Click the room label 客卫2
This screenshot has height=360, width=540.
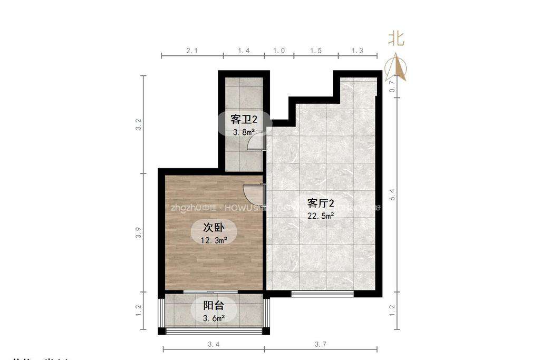click(x=244, y=119)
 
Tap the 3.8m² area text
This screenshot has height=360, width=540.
click(x=244, y=132)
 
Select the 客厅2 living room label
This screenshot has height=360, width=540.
click(x=321, y=203)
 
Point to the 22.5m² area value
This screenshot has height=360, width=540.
click(x=321, y=216)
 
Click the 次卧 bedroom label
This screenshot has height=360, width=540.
click(x=214, y=228)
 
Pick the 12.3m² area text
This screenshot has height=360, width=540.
click(x=214, y=240)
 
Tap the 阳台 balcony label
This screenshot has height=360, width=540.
click(x=214, y=305)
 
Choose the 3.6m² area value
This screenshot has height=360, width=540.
click(x=214, y=318)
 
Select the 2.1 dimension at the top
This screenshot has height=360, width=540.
click(x=192, y=51)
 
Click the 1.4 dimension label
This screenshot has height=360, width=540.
click(x=243, y=51)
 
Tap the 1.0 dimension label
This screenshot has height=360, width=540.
click(x=278, y=51)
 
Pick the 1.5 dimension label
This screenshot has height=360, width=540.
click(x=316, y=51)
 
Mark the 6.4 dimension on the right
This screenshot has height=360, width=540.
click(x=392, y=195)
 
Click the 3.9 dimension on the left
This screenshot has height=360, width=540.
click(x=138, y=232)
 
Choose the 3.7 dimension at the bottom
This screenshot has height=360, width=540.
click(x=321, y=345)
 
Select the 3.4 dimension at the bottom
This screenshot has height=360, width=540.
click(x=214, y=345)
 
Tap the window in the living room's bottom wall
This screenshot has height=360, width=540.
click(x=322, y=294)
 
